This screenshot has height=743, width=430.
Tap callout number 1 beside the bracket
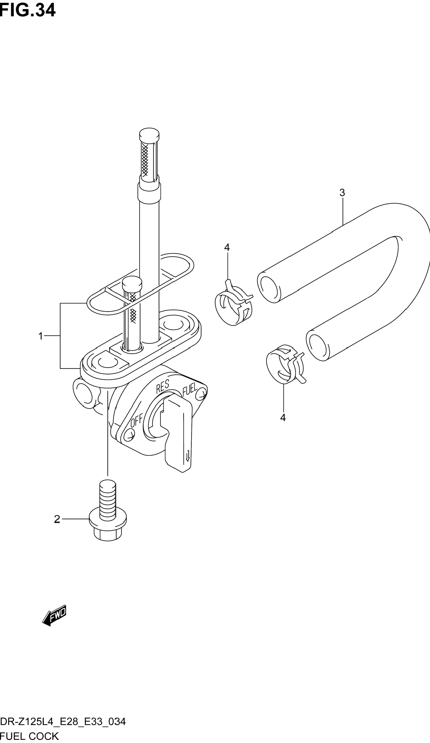point(41,336)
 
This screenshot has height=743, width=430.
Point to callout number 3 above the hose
point(342,193)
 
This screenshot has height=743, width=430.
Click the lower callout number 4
point(283,418)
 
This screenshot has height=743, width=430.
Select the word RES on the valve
point(163,386)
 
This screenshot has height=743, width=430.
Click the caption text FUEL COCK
point(29,736)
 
